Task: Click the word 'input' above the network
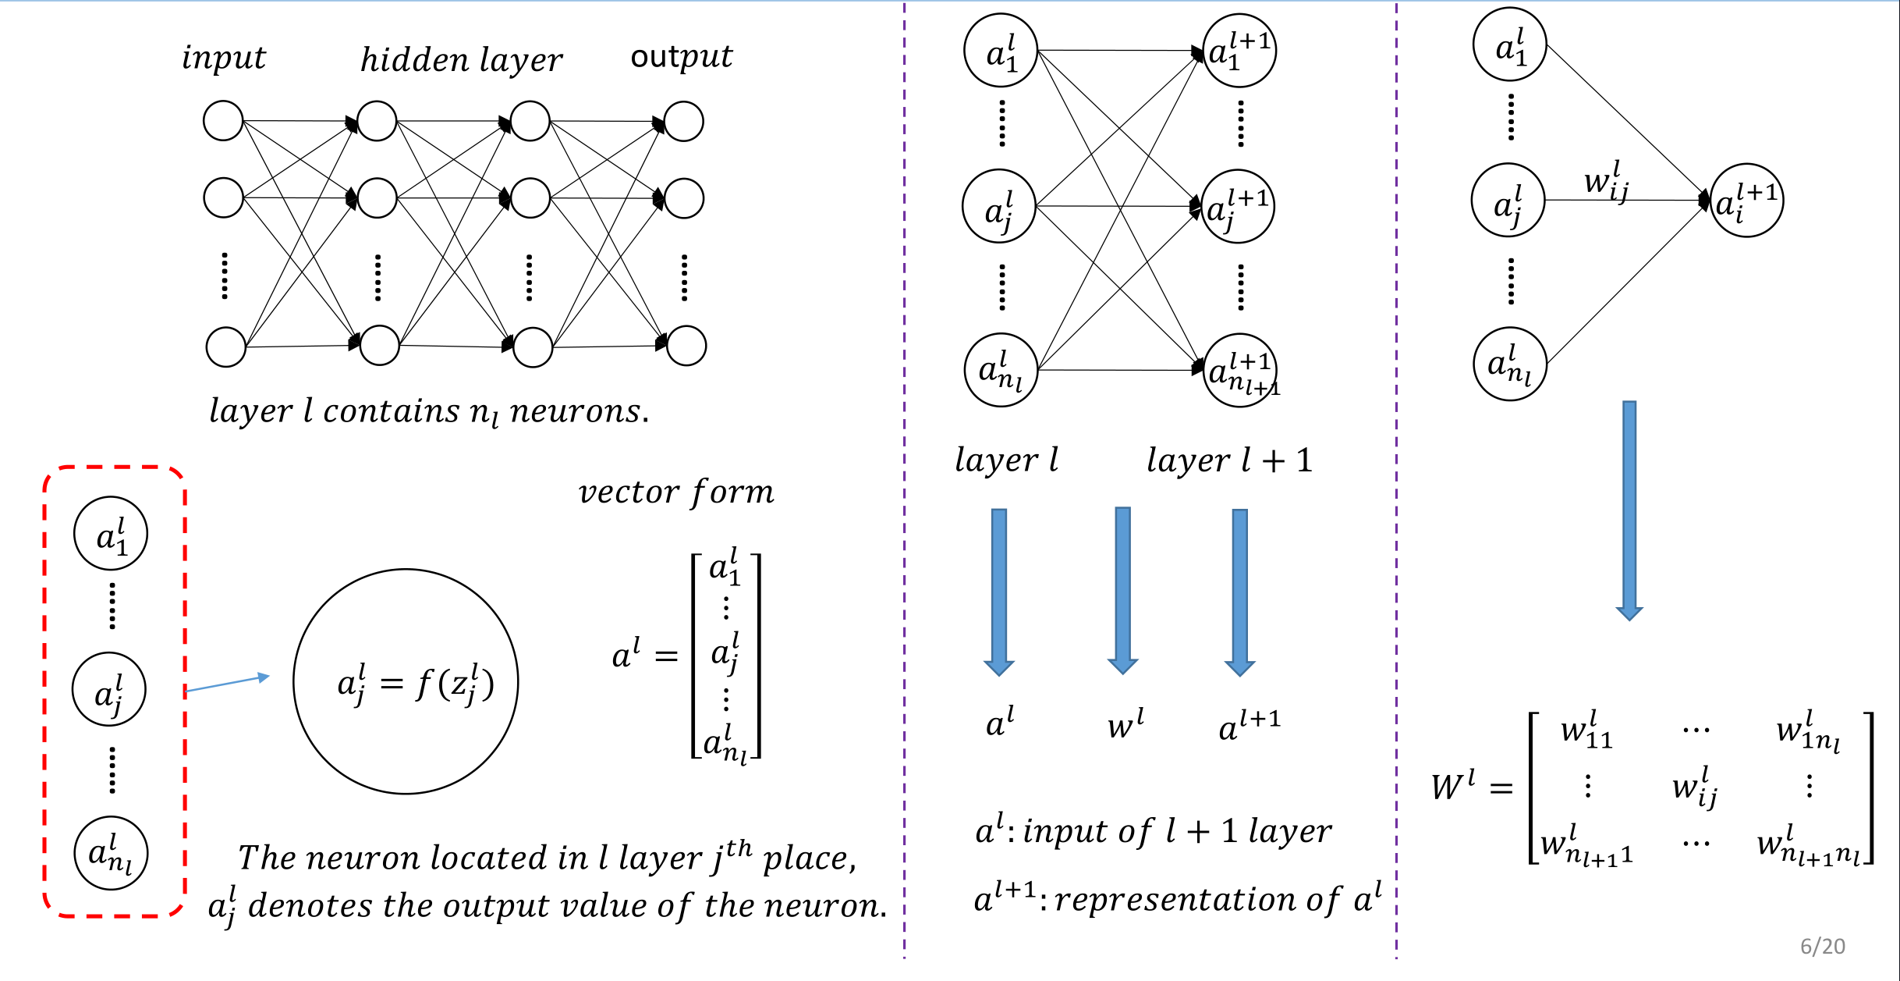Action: tap(224, 59)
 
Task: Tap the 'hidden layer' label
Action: tap(461, 60)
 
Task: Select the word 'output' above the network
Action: tap(681, 57)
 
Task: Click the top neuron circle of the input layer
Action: tap(223, 121)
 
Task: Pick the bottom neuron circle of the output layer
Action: tap(686, 346)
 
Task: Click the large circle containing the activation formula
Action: tap(406, 681)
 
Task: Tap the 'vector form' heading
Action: tap(676, 492)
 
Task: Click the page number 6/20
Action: tap(1822, 947)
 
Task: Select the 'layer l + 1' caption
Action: tap(1229, 460)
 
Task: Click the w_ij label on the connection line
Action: tap(1606, 182)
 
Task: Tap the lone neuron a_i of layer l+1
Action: tap(1746, 201)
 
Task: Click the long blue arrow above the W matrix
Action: tap(1629, 507)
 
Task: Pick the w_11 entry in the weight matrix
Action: tap(1586, 731)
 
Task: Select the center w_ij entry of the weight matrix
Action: tap(1695, 787)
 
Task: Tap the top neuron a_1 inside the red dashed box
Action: tap(111, 534)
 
